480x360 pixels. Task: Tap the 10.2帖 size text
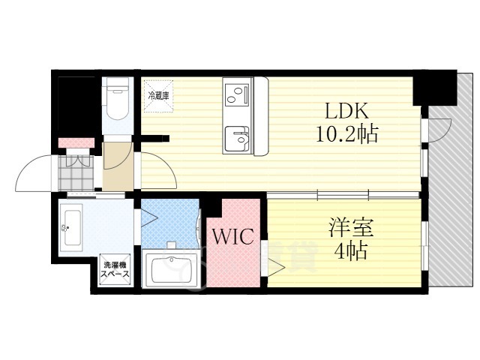(x=346, y=135)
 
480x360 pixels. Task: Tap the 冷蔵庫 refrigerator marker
(x=159, y=95)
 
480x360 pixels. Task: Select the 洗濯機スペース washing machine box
(x=116, y=269)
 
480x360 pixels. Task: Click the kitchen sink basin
(x=238, y=139)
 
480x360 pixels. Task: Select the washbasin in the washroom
(x=73, y=224)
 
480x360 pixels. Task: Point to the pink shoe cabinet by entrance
(x=76, y=142)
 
